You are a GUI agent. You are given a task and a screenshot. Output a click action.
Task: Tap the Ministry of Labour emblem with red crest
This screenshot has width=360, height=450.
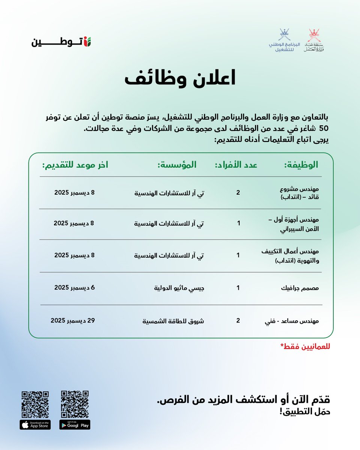coord(314,40)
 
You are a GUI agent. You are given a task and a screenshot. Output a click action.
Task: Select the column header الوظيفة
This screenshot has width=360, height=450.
coord(302,165)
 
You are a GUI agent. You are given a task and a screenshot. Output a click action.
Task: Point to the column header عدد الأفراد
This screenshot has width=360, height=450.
coord(236,165)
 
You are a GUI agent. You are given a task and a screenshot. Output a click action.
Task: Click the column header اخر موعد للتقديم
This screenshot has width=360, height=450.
coord(75,165)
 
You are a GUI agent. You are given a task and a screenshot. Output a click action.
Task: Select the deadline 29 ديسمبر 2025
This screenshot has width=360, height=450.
coord(73,321)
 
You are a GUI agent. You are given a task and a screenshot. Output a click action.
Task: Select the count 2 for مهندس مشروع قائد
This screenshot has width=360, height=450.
coord(238,193)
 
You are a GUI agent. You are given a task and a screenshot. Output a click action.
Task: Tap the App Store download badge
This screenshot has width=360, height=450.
coord(35,424)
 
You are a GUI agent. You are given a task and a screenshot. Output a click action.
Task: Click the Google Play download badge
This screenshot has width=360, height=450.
coord(75,424)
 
